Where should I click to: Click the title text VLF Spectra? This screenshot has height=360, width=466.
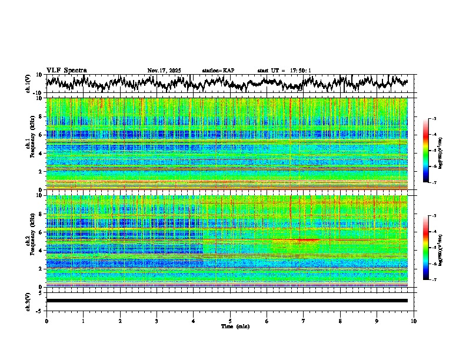tap(66, 70)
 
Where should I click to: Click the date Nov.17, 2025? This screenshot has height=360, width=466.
tap(164, 71)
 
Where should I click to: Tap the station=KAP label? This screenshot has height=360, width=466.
tap(218, 71)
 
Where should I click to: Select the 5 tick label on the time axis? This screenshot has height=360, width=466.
tap(230, 321)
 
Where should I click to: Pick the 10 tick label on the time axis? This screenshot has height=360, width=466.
tap(414, 321)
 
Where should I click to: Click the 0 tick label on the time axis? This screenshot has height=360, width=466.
tap(46, 321)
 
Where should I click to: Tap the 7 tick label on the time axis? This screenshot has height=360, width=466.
tap(304, 321)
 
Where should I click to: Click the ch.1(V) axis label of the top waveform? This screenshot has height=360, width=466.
tap(28, 84)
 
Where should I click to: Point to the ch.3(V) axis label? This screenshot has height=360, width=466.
tap(28, 301)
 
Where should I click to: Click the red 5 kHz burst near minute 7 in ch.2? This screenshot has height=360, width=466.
tap(307, 240)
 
